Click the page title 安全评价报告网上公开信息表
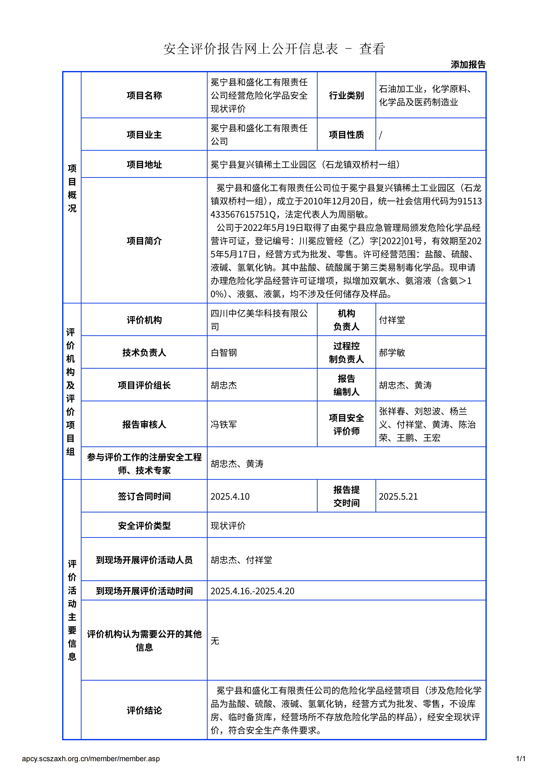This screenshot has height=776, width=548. pyautogui.click(x=251, y=49)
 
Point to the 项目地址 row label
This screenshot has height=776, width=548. pyautogui.click(x=144, y=165)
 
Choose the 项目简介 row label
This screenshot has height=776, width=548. pyautogui.click(x=144, y=241)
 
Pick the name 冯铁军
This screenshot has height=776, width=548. pyautogui.click(x=223, y=424)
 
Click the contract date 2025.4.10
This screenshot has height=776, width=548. pyautogui.click(x=230, y=497)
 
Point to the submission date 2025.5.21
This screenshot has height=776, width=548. pyautogui.click(x=398, y=497)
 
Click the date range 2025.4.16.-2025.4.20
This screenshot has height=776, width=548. pyautogui.click(x=252, y=591)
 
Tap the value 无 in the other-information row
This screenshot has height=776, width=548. pyautogui.click(x=215, y=641)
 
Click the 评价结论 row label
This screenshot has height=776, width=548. pyautogui.click(x=144, y=710)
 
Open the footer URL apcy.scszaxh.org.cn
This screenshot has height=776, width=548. pyautogui.click(x=90, y=759)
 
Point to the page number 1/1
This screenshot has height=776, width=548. pyautogui.click(x=521, y=759)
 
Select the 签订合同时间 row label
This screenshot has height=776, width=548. pyautogui.click(x=144, y=497)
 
